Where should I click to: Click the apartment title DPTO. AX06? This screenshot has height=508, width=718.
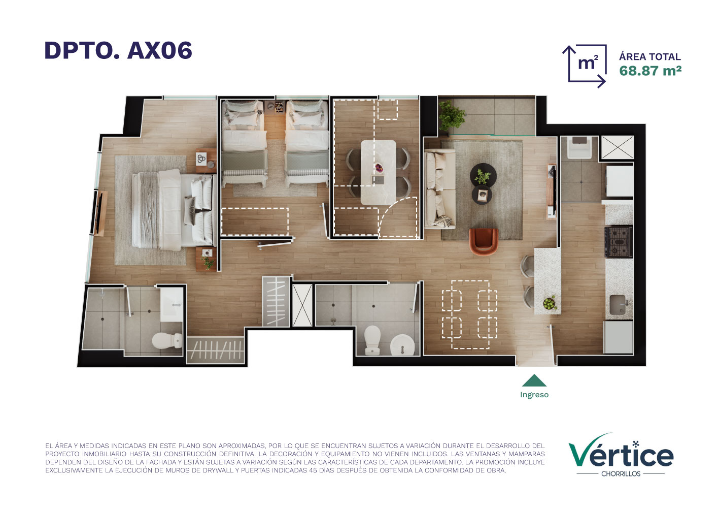point(118,50)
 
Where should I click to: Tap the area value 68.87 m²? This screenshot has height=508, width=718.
point(650,71)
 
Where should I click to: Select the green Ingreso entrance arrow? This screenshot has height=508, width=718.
point(534,380)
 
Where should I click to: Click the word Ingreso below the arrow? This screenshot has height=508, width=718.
point(534,395)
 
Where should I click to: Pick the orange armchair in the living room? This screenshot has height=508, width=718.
point(484,241)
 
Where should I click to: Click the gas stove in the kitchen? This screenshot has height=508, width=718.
point(619,242)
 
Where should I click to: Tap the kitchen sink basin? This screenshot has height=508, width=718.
point(618,304)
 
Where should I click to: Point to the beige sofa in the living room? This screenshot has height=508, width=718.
point(440,189)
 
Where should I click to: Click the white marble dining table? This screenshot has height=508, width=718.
point(378,172)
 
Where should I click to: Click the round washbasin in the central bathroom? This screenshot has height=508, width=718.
point(402,345)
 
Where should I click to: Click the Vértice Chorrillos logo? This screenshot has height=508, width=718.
point(621,456)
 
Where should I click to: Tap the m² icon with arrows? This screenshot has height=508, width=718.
point(585,66)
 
